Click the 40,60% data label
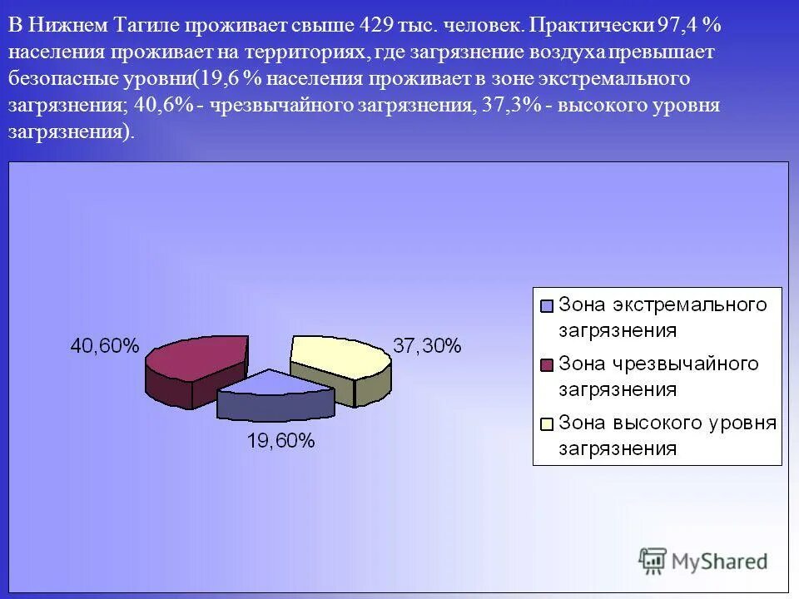[x=104, y=347]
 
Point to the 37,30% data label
[x=426, y=347]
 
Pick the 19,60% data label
[x=280, y=442]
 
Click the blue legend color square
[x=547, y=305]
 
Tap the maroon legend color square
[x=547, y=365]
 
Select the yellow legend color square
[x=547, y=424]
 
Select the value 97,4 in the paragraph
[x=677, y=26]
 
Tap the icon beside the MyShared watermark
[x=653, y=561]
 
